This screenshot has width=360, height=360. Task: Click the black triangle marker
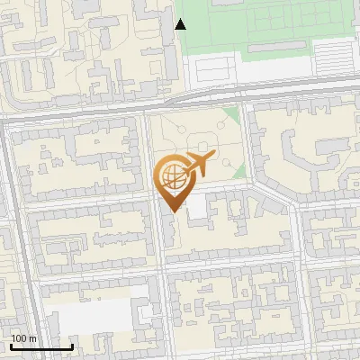point(181,24)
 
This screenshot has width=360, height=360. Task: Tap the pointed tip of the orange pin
point(173,211)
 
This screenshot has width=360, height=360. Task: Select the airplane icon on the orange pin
point(198,165)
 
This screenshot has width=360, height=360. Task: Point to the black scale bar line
point(40,346)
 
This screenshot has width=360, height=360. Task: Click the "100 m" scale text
point(23,338)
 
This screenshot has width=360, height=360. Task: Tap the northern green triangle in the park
point(232,115)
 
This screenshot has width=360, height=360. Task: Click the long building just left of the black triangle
point(167,40)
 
